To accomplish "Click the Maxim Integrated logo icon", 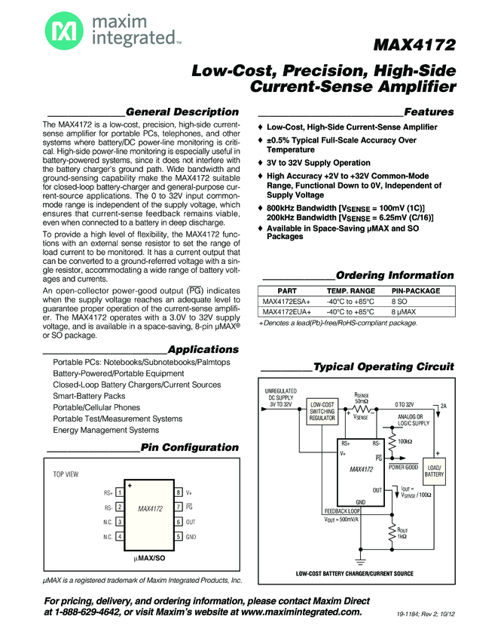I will coord(60,31).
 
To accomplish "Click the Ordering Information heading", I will coord(395,275).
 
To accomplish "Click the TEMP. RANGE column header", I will coord(350,290).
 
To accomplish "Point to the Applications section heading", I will coord(203,349).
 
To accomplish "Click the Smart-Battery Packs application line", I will coord(89,396).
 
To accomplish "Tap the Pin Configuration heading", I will coord(190,447).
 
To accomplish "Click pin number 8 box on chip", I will coord(179,492).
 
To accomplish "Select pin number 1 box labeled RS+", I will coord(121,492).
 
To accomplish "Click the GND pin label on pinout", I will coord(191,537).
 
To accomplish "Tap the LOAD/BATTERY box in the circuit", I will coord(434,471).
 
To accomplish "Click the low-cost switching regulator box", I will coord(322,413).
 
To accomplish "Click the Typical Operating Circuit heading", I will coord(383,367).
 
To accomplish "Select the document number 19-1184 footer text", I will coord(426,615).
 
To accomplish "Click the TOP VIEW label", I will coord(66,475).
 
